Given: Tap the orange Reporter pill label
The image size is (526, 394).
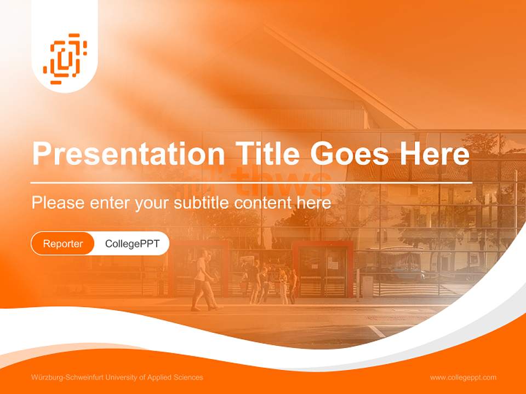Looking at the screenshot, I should [63, 244].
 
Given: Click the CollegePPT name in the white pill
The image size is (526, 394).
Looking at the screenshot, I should [132, 244].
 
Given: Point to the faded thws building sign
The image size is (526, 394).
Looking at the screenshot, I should [282, 181].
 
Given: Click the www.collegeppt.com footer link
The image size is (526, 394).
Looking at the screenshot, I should [463, 378].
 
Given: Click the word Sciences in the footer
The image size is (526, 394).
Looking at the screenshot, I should [189, 378].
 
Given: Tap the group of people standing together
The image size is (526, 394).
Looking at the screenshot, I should [268, 282].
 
